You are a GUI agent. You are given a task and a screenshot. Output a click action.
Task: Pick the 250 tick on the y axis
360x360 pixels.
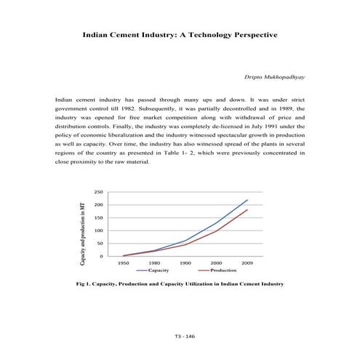click(x=98, y=192)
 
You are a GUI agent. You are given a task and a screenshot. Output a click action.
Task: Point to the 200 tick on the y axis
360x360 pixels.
click(x=98, y=205)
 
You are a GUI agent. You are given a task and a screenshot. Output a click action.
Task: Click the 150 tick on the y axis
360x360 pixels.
click(x=98, y=218)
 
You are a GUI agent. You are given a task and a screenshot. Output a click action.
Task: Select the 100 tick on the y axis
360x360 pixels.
click(x=98, y=231)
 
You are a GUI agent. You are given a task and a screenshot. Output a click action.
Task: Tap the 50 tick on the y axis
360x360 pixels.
click(x=100, y=244)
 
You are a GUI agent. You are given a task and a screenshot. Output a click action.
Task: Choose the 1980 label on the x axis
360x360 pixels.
click(x=155, y=263)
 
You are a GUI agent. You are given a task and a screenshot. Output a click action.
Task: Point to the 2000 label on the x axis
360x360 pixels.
click(x=216, y=263)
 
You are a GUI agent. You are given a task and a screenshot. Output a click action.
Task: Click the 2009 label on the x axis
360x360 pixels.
click(x=247, y=263)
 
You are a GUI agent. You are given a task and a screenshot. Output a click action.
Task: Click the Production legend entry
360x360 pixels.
click(x=223, y=271)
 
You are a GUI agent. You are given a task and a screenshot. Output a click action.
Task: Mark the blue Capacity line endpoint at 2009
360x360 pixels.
click(x=247, y=199)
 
